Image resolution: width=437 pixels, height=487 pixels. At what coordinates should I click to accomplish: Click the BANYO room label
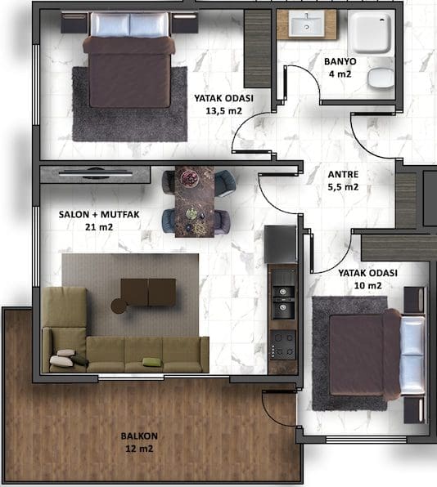pyautogui.click(x=340, y=61)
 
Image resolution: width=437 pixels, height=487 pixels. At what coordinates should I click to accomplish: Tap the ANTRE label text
pyautogui.click(x=343, y=175)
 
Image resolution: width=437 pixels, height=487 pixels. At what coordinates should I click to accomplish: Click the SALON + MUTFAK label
pyautogui.click(x=99, y=215)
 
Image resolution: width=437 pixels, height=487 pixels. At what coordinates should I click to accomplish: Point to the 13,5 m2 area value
pyautogui.click(x=223, y=111)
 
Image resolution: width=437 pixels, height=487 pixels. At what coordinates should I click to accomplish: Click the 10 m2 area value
pyautogui.click(x=367, y=285)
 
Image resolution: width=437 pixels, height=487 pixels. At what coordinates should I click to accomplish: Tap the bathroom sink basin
pyautogui.click(x=306, y=24)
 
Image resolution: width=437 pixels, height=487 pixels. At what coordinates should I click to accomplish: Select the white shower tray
pyautogui.click(x=369, y=33)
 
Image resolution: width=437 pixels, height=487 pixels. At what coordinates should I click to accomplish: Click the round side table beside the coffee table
pyautogui.click(x=119, y=306)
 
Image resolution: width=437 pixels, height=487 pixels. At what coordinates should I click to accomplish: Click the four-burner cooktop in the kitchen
pyautogui.click(x=282, y=346)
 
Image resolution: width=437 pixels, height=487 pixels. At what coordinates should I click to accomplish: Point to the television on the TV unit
pyautogui.click(x=96, y=173)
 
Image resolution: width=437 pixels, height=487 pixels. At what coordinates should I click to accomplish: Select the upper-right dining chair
pyautogui.click(x=225, y=184)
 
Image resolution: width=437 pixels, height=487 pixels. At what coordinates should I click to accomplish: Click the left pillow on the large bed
pyautogui.click(x=110, y=25)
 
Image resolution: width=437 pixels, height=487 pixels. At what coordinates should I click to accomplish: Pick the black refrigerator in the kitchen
pyautogui.click(x=281, y=244)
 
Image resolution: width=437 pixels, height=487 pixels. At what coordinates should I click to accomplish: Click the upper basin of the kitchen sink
pyautogui.click(x=283, y=292)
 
